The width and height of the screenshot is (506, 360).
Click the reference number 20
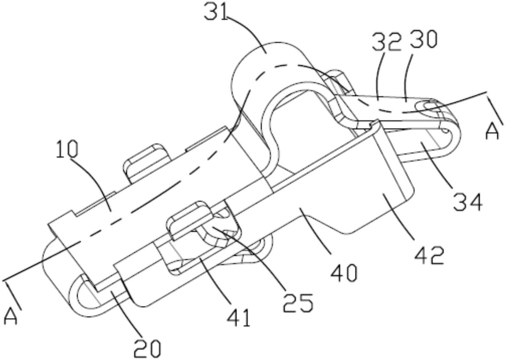(x=147, y=348)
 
